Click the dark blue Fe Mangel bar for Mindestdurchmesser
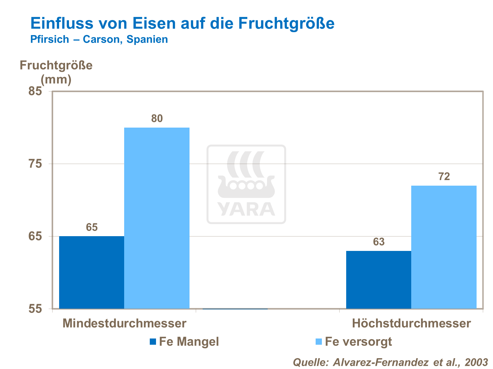click(x=92, y=272)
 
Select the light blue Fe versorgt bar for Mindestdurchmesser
click(x=157, y=218)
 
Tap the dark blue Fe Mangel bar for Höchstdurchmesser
click(x=378, y=280)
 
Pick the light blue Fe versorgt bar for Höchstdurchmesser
click(x=444, y=247)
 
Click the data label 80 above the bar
click(x=157, y=119)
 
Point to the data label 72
click(x=444, y=177)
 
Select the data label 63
click(x=379, y=242)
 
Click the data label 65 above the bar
click(x=92, y=227)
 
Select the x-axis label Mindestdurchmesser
click(x=124, y=323)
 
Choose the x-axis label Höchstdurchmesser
click(x=411, y=323)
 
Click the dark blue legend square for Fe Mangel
click(x=153, y=341)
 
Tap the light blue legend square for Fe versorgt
click(x=318, y=341)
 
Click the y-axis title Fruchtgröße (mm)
click(x=56, y=72)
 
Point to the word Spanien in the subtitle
click(x=147, y=39)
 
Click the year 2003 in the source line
click(x=476, y=362)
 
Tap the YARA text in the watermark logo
click(x=246, y=209)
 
